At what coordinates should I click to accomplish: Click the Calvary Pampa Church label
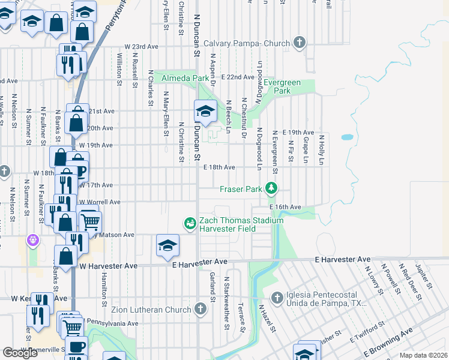click(247, 43)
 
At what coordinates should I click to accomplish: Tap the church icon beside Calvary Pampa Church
click(300, 43)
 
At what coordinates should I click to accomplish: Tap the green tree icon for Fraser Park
click(272, 188)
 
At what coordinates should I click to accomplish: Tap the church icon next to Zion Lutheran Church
click(200, 309)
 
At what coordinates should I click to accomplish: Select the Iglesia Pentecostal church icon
click(277, 297)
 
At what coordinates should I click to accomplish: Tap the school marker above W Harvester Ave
click(167, 245)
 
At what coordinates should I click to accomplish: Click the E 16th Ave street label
click(285, 206)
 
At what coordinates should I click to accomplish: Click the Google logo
click(20, 353)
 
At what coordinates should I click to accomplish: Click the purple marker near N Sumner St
click(32, 240)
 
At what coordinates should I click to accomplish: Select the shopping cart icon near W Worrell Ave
click(90, 221)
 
